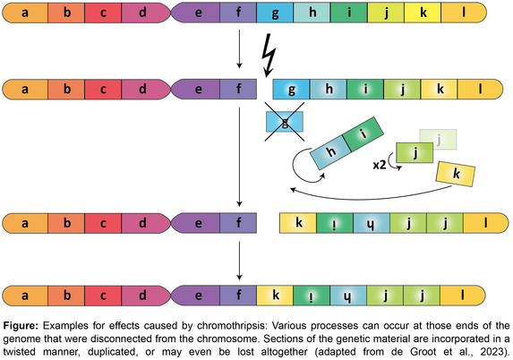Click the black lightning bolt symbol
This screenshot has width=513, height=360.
coord(269,55)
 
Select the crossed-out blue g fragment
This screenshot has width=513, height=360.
coord(285,122)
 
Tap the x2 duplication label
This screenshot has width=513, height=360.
coord(380,166)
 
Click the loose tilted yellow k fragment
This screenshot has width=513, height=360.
coord(456,174)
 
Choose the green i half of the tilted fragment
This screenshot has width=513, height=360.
coord(363,133)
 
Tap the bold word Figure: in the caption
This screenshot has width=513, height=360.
coord(21,326)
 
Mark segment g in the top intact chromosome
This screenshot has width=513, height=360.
coord(275,13)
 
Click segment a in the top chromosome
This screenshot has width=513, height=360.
coord(26,13)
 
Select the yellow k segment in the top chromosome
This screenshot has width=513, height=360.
coord(423,13)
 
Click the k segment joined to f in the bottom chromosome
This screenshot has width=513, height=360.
coord(275,296)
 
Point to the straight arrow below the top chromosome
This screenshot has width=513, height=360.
coord(239,49)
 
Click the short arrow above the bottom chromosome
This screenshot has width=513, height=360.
coord(239,261)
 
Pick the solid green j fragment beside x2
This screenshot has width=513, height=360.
coord(415,152)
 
